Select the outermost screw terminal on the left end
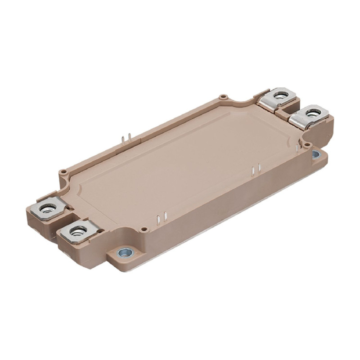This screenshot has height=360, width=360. tap(47, 208)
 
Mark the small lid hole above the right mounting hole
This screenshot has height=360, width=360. tap(307, 145)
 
